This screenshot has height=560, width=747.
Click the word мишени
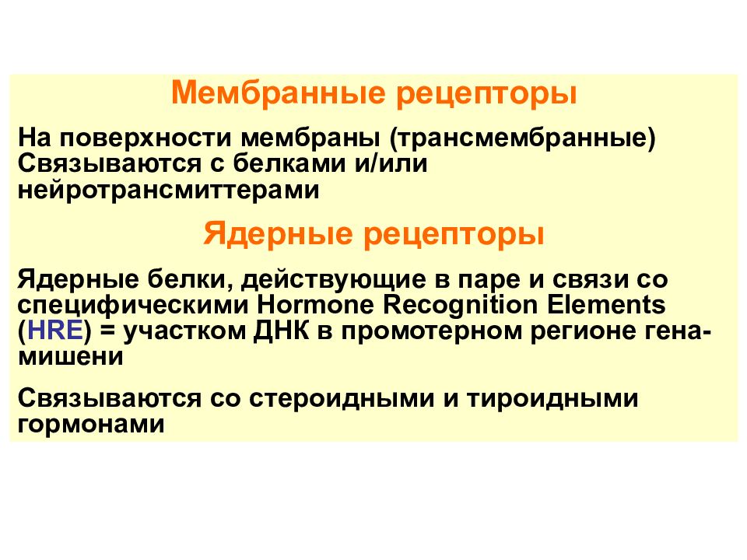point(71,355)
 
